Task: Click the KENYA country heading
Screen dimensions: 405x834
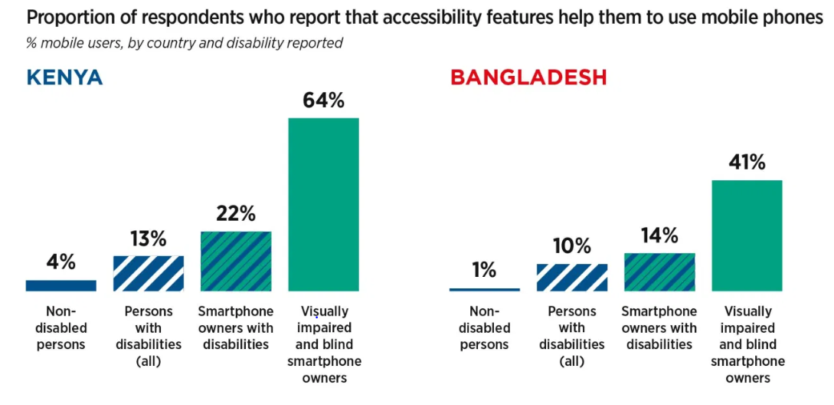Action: coord(65,77)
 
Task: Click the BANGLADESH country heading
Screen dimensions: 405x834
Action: coord(528,77)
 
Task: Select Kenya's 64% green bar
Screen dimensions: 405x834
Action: coord(323,204)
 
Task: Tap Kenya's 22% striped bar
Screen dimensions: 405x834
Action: coord(236,261)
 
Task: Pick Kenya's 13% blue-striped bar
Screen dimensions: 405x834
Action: coord(149,273)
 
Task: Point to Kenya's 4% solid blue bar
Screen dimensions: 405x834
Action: coord(61,285)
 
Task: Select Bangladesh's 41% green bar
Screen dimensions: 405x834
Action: coord(747,235)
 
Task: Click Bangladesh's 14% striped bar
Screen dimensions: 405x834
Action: coord(659,272)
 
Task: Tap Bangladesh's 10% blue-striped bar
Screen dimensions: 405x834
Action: coord(572,277)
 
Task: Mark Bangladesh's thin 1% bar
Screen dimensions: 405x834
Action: coord(485,289)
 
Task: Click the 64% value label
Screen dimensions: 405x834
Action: coord(323,100)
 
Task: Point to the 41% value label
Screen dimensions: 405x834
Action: coord(747,163)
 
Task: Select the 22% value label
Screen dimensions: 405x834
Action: coord(236,214)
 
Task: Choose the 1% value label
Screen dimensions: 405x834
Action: coord(485,270)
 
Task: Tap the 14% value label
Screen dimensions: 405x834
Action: coord(659,235)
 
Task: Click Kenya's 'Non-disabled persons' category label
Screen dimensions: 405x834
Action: coord(61,328)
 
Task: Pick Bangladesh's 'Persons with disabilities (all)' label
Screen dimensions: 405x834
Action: coord(572,336)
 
